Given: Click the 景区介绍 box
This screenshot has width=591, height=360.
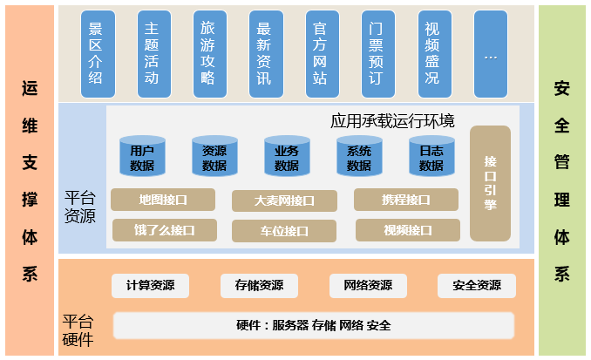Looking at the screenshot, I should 97,54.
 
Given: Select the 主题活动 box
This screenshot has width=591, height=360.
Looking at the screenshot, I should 153,54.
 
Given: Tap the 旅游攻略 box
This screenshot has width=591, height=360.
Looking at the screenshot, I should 208,54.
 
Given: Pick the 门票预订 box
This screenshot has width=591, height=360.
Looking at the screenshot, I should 377,54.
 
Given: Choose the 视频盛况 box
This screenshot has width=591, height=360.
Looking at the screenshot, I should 433,54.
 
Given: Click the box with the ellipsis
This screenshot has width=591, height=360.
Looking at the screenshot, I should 490,54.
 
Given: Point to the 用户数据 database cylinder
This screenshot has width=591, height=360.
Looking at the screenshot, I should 142,157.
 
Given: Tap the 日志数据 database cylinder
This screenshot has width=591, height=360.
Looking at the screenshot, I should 431,157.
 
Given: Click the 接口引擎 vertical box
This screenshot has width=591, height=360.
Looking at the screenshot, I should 490,183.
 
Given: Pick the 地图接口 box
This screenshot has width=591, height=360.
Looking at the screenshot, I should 163,200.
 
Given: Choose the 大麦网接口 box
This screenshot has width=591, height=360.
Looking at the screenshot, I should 284,200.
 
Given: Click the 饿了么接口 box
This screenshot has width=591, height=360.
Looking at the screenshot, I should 165,230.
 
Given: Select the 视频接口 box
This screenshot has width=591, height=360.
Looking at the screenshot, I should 408,230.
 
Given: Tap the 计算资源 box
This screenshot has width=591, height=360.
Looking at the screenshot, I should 150,285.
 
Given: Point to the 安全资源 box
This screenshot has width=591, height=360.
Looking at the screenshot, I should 477,285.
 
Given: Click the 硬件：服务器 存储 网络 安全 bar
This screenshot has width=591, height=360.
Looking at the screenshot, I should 314,325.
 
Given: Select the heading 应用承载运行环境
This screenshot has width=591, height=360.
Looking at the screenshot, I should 392,120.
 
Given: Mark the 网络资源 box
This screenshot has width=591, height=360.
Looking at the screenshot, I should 368,285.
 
